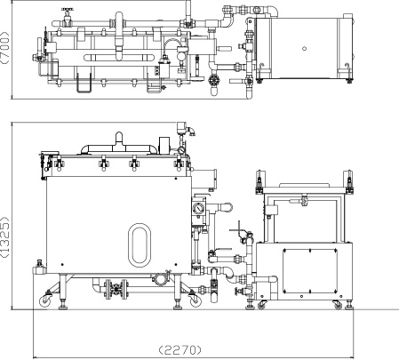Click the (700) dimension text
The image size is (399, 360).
[x=5, y=48]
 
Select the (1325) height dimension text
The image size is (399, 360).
[x=5, y=237]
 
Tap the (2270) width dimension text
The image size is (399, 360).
[x=180, y=350]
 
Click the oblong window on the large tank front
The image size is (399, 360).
[x=140, y=245]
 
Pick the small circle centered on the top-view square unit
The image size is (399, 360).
[x=304, y=49]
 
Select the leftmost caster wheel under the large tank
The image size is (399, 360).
[x=45, y=301]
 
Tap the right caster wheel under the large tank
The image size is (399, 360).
[x=195, y=301]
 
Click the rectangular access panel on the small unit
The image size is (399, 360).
[x=310, y=270]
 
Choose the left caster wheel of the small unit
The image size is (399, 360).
[x=261, y=305]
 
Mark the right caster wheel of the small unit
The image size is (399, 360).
[x=338, y=305]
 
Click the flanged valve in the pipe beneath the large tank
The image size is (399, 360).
[x=116, y=289]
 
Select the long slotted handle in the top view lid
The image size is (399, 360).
[x=118, y=58]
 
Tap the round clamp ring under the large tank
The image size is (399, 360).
[x=160, y=279]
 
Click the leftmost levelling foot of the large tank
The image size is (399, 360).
[x=62, y=305]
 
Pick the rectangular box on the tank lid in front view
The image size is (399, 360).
[x=164, y=146]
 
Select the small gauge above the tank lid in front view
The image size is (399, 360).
[x=181, y=150]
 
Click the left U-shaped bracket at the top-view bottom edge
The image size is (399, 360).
[x=84, y=83]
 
